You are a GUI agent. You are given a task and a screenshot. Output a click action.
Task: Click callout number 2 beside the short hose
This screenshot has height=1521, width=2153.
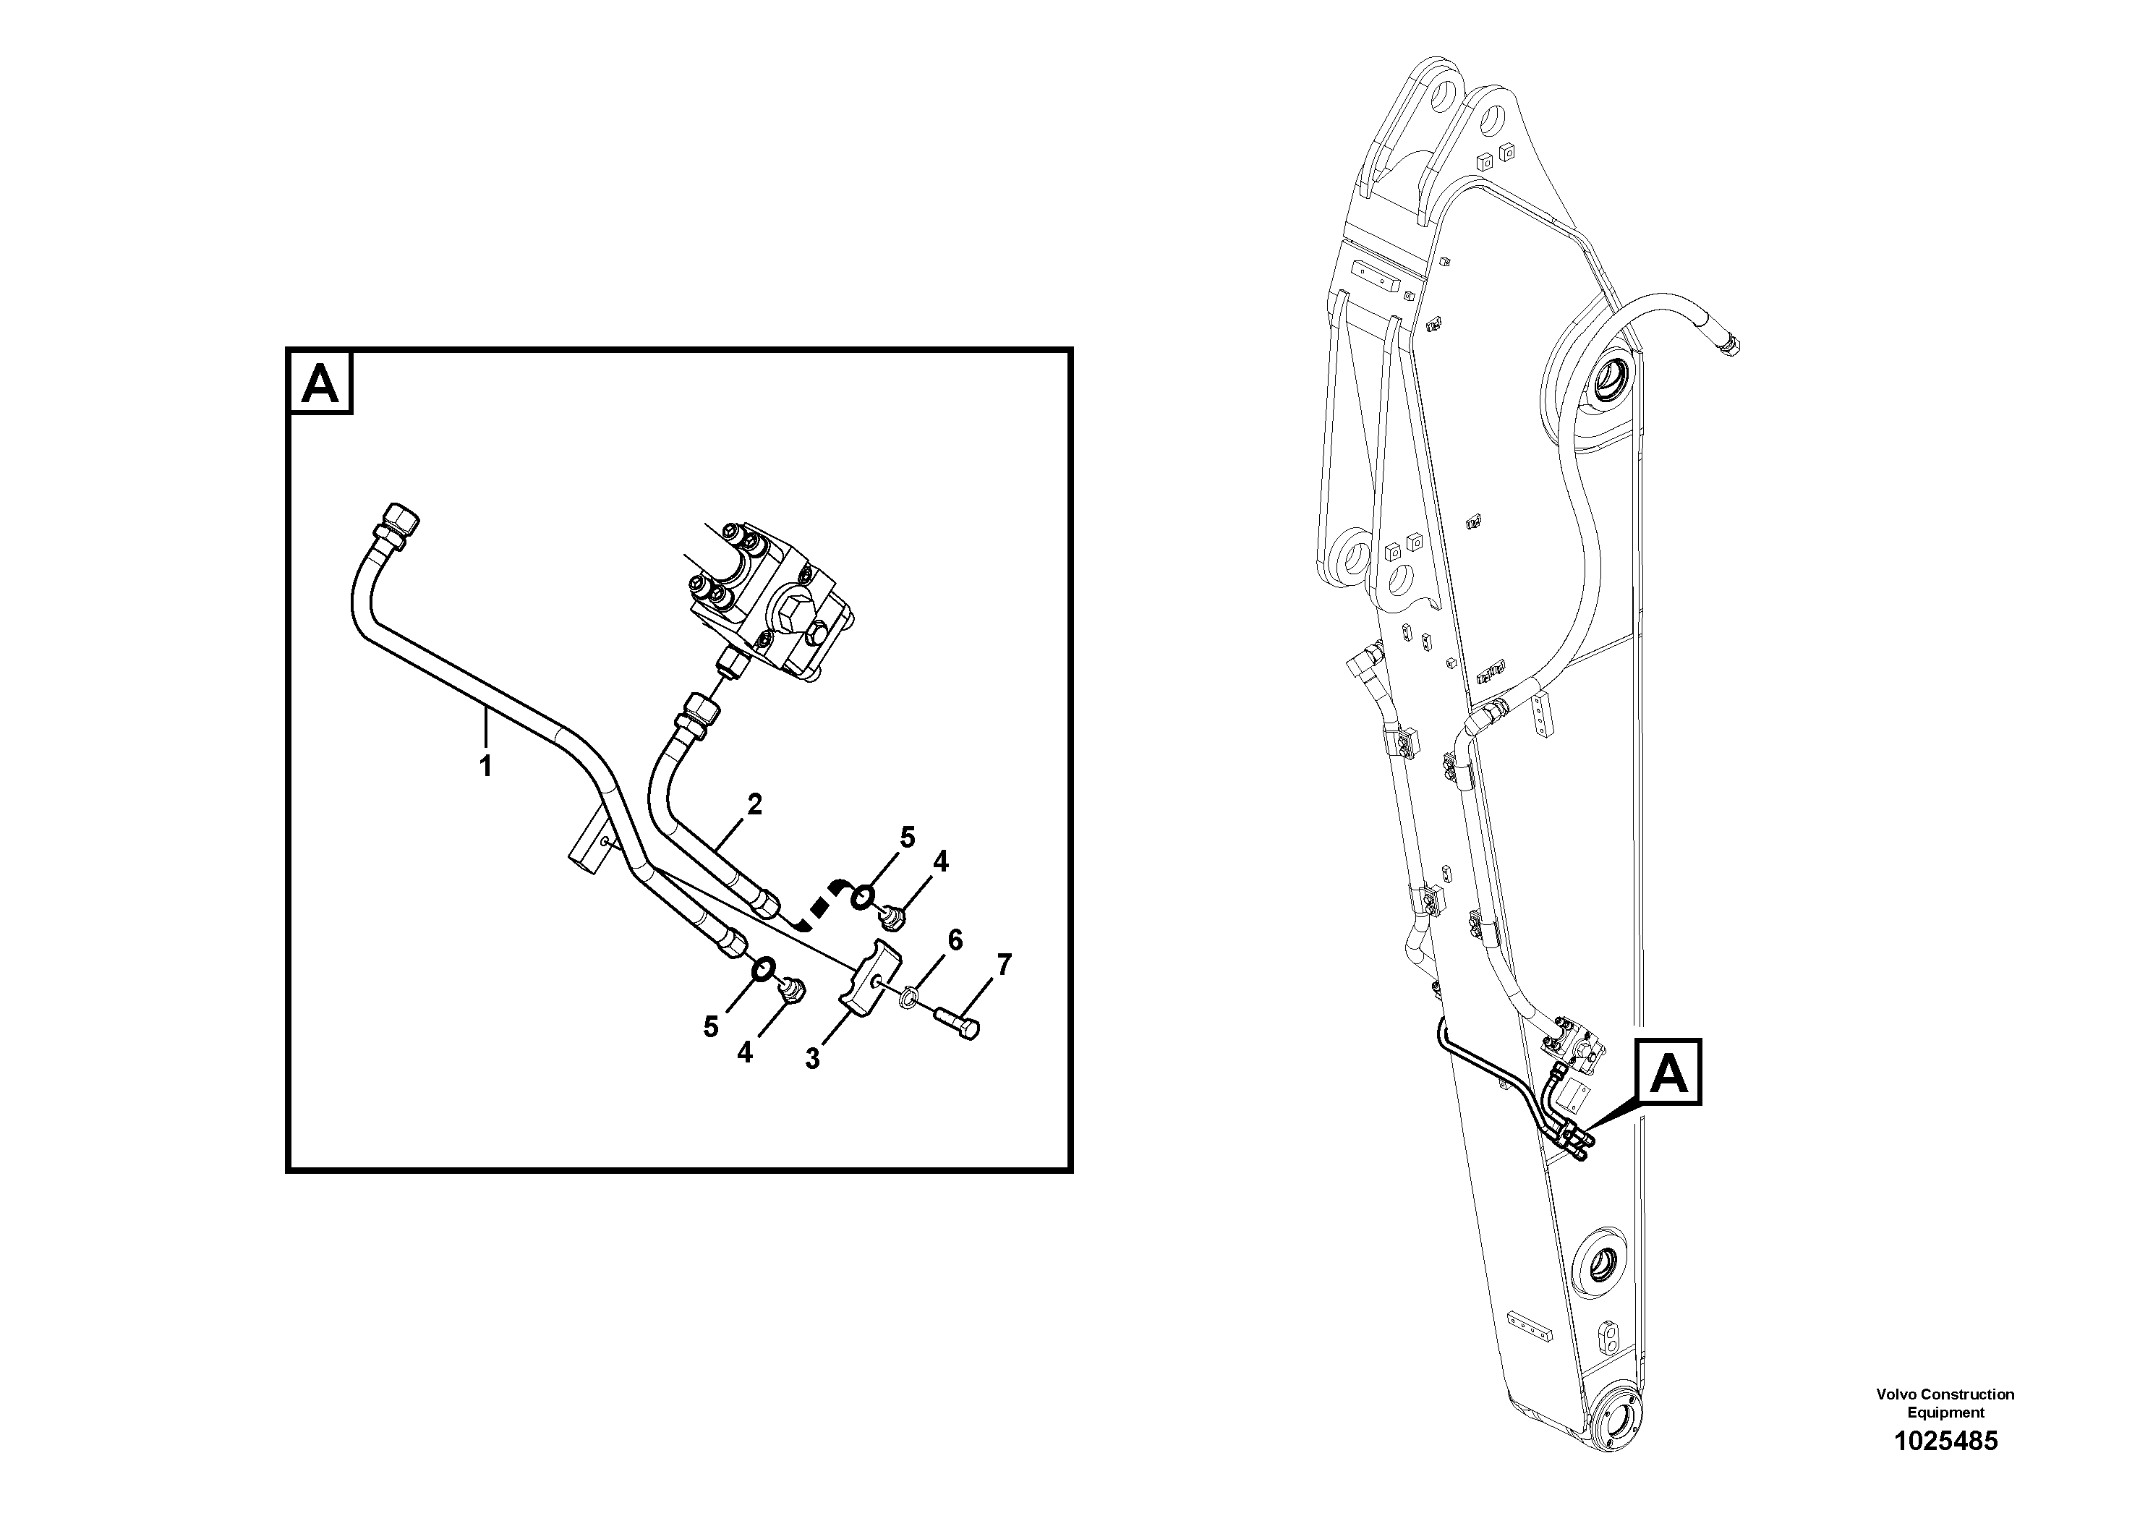pyautogui.click(x=754, y=804)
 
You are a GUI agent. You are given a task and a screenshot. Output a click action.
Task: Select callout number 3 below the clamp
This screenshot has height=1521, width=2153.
pyautogui.click(x=812, y=1059)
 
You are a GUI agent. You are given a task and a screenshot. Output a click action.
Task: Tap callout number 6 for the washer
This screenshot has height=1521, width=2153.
pyautogui.click(x=955, y=940)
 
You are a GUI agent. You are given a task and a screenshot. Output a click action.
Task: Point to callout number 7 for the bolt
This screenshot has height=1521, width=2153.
pyautogui.click(x=1005, y=965)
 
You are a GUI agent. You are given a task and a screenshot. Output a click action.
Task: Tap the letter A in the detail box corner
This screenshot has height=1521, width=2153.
pyautogui.click(x=320, y=383)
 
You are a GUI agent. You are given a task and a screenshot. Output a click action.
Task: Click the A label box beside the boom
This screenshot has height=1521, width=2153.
pyautogui.click(x=1668, y=1073)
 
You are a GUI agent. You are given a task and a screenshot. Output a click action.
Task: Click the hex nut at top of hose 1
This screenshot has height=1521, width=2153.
pyautogui.click(x=398, y=518)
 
